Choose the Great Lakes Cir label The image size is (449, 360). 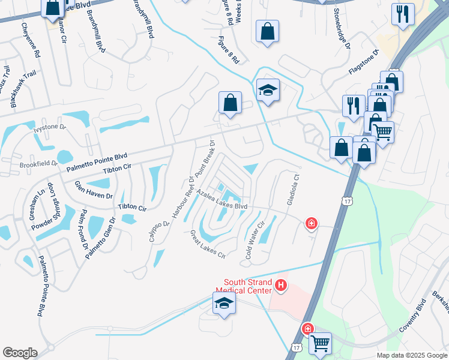[x=208, y=244]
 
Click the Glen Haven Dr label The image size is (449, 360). [x=94, y=191]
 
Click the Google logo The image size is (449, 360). [x=20, y=353]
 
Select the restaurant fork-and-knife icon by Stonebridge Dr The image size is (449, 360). [x=403, y=14]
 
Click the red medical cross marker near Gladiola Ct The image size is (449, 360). [x=311, y=224]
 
